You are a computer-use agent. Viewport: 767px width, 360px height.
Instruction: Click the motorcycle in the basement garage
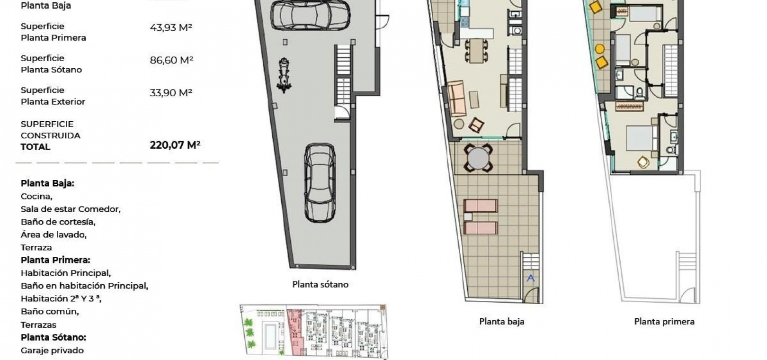[284, 75]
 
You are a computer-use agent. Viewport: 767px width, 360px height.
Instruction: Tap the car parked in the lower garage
[320, 183]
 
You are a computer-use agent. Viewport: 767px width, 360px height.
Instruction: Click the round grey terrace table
[478, 158]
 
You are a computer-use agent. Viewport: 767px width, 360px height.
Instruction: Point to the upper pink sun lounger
[481, 206]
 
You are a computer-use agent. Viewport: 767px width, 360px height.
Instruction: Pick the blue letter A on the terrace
[531, 278]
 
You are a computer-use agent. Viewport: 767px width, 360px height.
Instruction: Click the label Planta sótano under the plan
[320, 284]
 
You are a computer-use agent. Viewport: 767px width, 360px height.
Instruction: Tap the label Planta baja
[502, 321]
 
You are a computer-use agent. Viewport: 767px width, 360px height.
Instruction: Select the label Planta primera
[664, 321]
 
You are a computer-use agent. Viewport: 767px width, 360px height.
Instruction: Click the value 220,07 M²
[175, 145]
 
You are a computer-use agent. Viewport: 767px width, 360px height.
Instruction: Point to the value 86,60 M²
[171, 60]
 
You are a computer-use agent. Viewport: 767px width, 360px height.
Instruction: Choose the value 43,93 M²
[171, 27]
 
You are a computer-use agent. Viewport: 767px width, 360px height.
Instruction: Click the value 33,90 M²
[171, 92]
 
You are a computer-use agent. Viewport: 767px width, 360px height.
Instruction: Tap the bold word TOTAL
[35, 147]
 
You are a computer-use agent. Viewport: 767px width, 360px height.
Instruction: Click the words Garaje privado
[52, 351]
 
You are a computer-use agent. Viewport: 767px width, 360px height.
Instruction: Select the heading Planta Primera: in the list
[55, 260]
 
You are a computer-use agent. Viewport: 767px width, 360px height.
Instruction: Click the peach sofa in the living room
[457, 98]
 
